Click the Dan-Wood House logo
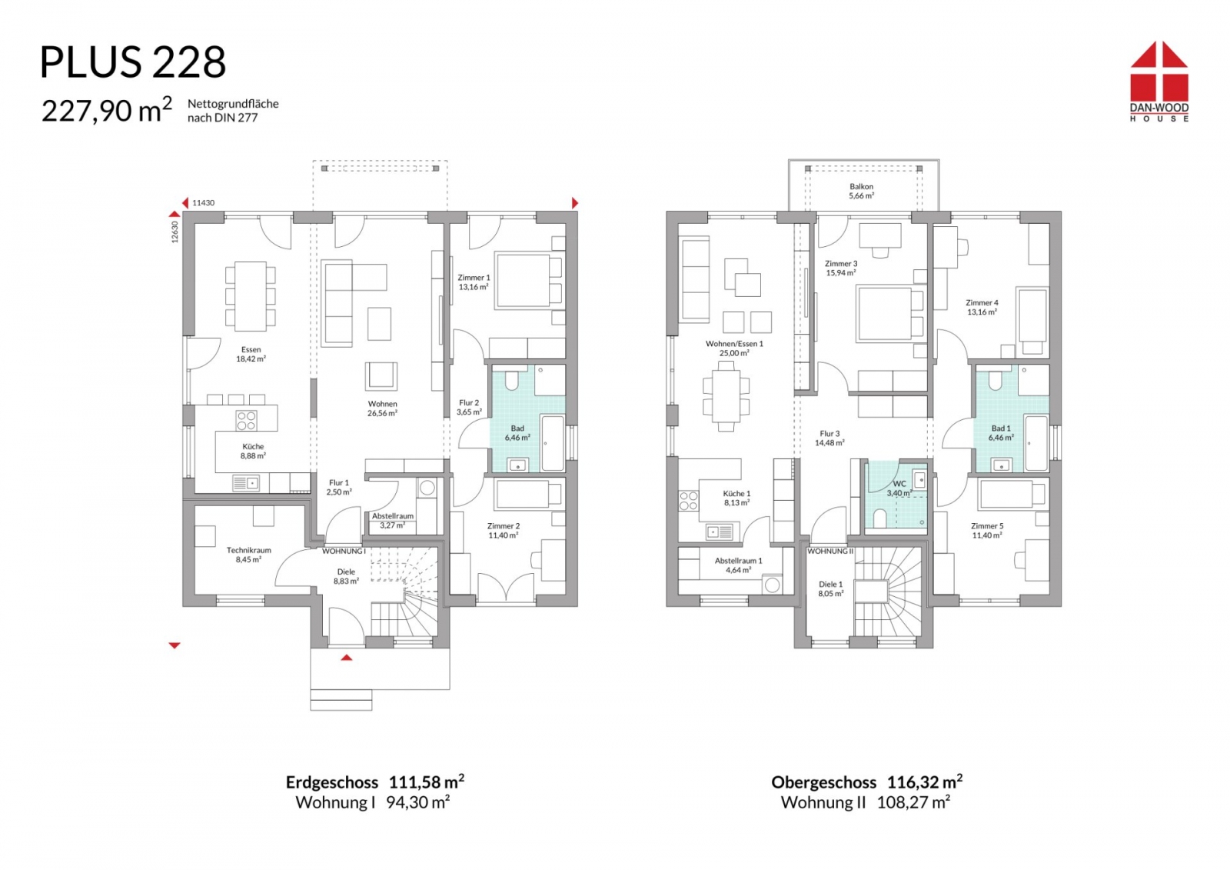point(1159,82)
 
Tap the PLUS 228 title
point(133,62)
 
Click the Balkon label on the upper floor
point(861,186)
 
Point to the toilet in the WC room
point(879,518)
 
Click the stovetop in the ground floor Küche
point(246,421)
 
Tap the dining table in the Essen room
point(251,296)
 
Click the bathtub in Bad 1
point(1036,443)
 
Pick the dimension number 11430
point(203,203)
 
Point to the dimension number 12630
point(175,232)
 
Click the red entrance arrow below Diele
point(346,657)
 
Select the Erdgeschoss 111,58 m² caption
point(375,782)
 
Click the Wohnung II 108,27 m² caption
point(866,802)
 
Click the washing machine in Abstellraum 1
point(772,585)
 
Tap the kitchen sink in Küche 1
point(720,532)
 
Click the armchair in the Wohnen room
point(381,376)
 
